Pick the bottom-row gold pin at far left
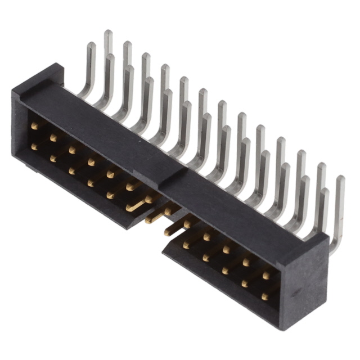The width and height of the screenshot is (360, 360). (35, 147)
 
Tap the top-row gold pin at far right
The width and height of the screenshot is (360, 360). (266, 275)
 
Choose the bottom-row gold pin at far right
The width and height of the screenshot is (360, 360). (264, 296)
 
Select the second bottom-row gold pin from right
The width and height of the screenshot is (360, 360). (245, 283)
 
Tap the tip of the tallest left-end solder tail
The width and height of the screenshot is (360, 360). (108, 34)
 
